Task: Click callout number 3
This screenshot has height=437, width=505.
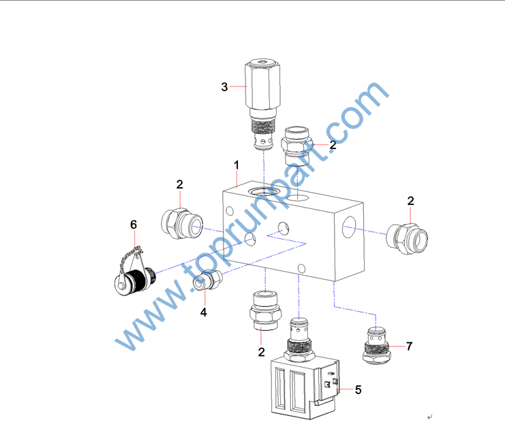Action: tap(224, 87)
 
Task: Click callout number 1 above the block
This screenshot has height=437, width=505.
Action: tap(236, 165)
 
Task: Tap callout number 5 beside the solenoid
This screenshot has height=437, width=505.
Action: tap(358, 390)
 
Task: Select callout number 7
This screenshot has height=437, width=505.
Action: tap(409, 346)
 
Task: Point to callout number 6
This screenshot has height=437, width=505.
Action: tap(134, 225)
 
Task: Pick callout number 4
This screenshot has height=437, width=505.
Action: tap(204, 312)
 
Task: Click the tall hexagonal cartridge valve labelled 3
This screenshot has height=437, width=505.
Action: tap(262, 104)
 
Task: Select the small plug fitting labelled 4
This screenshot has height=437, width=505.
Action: tap(208, 280)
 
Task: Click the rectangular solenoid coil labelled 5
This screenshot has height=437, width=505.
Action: tap(305, 387)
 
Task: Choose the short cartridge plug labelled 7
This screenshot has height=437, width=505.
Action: tap(376, 346)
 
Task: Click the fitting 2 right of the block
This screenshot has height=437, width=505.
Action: tap(407, 239)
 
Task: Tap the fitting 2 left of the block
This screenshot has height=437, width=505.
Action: tap(182, 223)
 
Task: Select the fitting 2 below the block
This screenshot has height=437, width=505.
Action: tap(265, 310)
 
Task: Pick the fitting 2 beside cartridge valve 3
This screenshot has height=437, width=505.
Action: tap(296, 146)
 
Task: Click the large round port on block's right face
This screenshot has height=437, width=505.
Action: tap(349, 227)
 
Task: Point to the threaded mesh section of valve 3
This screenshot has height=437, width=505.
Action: tap(263, 127)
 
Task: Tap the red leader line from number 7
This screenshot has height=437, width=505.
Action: tap(397, 346)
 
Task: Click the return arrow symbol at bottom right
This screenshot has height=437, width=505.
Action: tap(429, 417)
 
